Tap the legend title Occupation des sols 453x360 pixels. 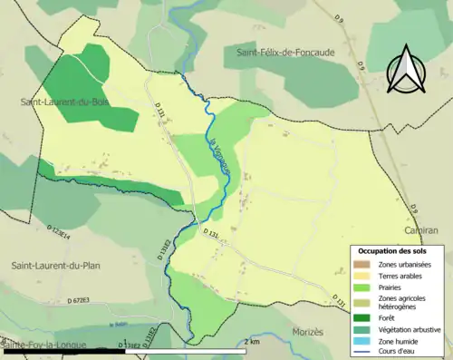click(x=398, y=251)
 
